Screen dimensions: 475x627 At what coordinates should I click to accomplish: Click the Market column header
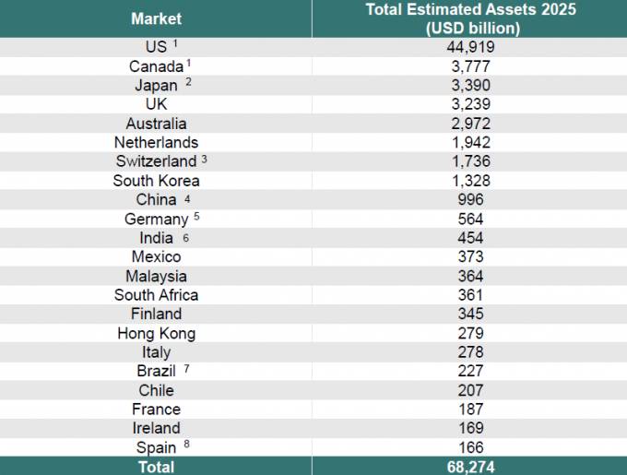(156, 18)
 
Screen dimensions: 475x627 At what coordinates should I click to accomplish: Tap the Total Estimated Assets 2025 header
(470, 18)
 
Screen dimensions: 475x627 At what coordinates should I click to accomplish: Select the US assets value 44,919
(470, 47)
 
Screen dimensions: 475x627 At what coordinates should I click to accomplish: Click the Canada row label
(156, 66)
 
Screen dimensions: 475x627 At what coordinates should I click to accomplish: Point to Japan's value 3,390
(470, 85)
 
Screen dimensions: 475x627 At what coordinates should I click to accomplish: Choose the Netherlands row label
(156, 142)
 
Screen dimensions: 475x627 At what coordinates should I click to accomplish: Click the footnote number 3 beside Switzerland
(204, 159)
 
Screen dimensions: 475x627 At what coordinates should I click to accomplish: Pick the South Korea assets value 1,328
(470, 181)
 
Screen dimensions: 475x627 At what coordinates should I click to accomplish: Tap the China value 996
(470, 200)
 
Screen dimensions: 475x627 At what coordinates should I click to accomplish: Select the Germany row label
(156, 220)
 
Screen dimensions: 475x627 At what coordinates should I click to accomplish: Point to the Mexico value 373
(470, 257)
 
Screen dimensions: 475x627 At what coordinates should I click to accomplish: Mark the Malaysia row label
(156, 276)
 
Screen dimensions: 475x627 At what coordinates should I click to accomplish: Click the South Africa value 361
(470, 295)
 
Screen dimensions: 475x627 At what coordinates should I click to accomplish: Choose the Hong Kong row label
(156, 334)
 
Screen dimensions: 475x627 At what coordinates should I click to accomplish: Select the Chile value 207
(470, 390)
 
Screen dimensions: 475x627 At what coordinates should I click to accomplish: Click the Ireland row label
(156, 428)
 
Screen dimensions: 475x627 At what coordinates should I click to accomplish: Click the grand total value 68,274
(470, 467)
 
